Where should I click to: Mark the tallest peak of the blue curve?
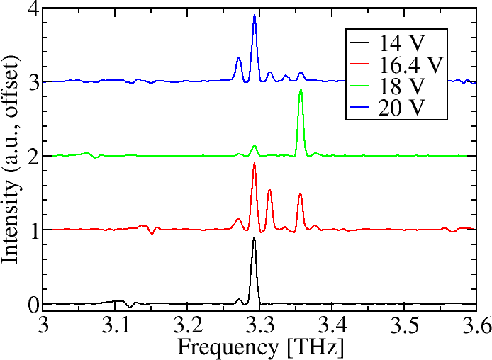[255, 16]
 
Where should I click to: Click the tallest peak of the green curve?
[301, 90]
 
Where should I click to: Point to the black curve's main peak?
[254, 238]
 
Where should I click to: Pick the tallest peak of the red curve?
[254, 164]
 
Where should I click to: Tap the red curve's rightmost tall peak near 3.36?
[300, 193]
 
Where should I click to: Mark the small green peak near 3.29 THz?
[254, 146]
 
